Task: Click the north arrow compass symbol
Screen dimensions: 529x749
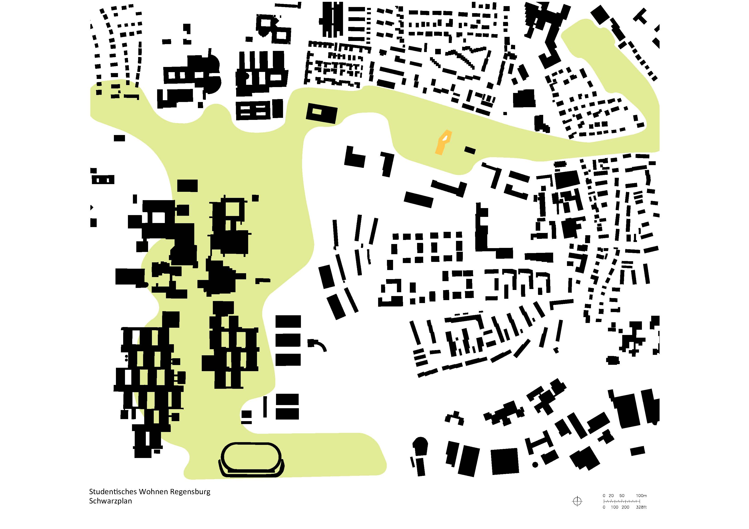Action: coord(577,501)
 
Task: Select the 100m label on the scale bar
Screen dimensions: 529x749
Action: coord(641,496)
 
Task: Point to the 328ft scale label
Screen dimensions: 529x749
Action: coord(641,507)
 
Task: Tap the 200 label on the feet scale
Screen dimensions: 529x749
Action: coord(625,507)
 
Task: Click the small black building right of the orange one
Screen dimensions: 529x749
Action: coord(470,150)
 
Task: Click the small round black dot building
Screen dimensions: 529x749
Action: coord(535,465)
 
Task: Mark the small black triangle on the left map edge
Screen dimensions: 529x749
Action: coord(92,207)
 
